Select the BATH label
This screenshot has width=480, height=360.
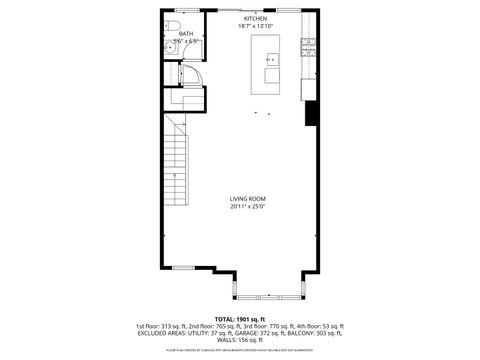186,33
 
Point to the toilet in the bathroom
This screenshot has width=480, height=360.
171,25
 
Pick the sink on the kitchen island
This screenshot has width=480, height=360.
272,57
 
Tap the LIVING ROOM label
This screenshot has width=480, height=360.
247,199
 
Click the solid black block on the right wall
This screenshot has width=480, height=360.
310,114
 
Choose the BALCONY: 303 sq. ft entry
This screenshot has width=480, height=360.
313,333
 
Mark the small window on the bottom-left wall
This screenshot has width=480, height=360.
184,268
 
